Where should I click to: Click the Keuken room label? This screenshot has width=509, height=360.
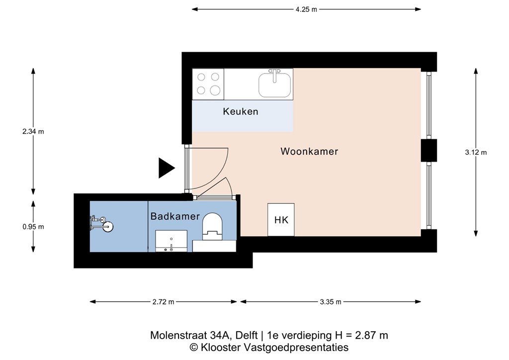pyautogui.click(x=240, y=111)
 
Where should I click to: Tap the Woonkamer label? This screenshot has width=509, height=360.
pyautogui.click(x=309, y=151)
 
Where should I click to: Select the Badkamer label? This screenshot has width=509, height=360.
pyautogui.click(x=175, y=216)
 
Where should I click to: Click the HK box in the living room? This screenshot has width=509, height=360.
pyautogui.click(x=281, y=220)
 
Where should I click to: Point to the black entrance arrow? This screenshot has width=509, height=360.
pyautogui.click(x=166, y=168)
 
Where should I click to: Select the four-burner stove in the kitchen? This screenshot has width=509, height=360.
pyautogui.click(x=208, y=84)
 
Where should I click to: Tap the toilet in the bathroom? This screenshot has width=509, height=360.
pyautogui.click(x=213, y=225)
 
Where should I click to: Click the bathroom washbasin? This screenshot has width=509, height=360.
pyautogui.click(x=171, y=241)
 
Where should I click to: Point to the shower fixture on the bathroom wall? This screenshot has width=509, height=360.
pyautogui.click(x=101, y=223)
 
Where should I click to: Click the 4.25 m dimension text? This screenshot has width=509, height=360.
pyautogui.click(x=306, y=9)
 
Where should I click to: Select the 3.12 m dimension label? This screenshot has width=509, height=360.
pyautogui.click(x=476, y=153)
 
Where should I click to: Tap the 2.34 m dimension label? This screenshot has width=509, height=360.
pyautogui.click(x=33, y=132)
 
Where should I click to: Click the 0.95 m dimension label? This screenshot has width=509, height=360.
pyautogui.click(x=33, y=227)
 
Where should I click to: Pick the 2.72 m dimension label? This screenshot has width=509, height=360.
pyautogui.click(x=164, y=302)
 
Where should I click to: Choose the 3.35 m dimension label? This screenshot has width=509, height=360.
pyautogui.click(x=331, y=302)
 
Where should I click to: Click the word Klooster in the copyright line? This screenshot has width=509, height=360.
pyautogui.click(x=218, y=348)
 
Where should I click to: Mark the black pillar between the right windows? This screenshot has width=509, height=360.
pyautogui.click(x=428, y=151)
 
